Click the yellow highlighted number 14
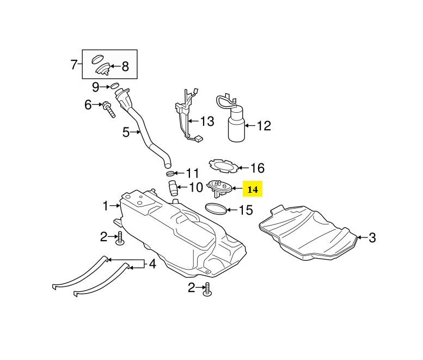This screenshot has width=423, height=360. point(253,190)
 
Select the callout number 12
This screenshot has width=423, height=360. point(263,126)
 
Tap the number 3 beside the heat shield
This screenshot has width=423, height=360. point(372,237)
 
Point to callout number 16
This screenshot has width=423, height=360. point(257,168)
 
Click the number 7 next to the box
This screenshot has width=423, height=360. point(75,65)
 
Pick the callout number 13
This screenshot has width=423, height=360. point(207,121)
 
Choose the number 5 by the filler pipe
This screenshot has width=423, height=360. point(126,132)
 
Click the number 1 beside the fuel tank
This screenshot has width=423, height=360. point(107,206)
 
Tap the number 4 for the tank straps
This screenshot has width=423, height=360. point(152,265)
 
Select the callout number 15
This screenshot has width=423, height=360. point(246,210)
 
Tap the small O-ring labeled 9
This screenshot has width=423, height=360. point(115,86)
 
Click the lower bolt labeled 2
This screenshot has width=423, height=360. point(207,291)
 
